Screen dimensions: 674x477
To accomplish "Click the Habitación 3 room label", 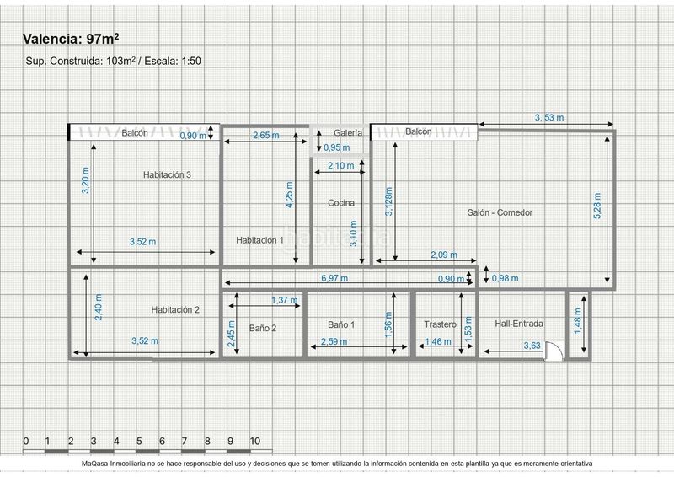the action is pyautogui.click(x=167, y=174).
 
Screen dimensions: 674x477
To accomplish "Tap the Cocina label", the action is pyautogui.click(x=341, y=202).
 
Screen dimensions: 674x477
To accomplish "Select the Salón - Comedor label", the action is pyautogui.click(x=500, y=212).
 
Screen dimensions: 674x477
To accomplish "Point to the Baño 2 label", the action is pyautogui.click(x=263, y=328).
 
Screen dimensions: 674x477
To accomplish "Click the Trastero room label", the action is pyautogui.click(x=440, y=324).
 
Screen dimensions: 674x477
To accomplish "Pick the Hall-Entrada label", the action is pyautogui.click(x=519, y=324).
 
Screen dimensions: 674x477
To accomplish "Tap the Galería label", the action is pyautogui.click(x=348, y=133).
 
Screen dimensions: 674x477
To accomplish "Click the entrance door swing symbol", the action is pyautogui.click(x=554, y=351).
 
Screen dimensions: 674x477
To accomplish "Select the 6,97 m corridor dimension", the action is pyautogui.click(x=334, y=278).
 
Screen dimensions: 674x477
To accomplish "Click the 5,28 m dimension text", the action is pyautogui.click(x=597, y=206).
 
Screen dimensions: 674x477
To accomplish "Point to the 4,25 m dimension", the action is pyautogui.click(x=290, y=195).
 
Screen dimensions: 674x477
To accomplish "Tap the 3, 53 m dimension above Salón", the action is pyautogui.click(x=549, y=117).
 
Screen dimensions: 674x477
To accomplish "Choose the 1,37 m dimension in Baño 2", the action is pyautogui.click(x=284, y=300).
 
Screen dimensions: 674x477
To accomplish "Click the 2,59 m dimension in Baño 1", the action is pyautogui.click(x=334, y=341).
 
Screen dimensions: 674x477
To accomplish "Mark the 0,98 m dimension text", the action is pyautogui.click(x=505, y=278).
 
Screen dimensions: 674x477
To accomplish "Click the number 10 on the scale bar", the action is pyautogui.click(x=255, y=441).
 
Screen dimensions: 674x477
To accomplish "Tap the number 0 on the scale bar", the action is pyautogui.click(x=26, y=441).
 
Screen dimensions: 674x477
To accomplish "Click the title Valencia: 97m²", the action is pyautogui.click(x=71, y=39).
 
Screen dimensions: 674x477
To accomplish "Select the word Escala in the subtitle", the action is pyautogui.click(x=159, y=61).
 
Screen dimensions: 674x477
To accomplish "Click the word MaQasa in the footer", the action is pyautogui.click(x=94, y=464).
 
